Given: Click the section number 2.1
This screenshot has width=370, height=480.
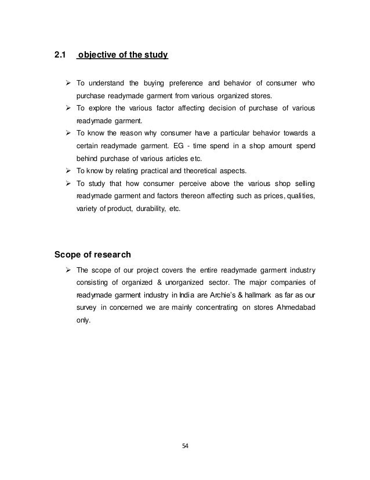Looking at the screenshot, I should click(60, 56).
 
